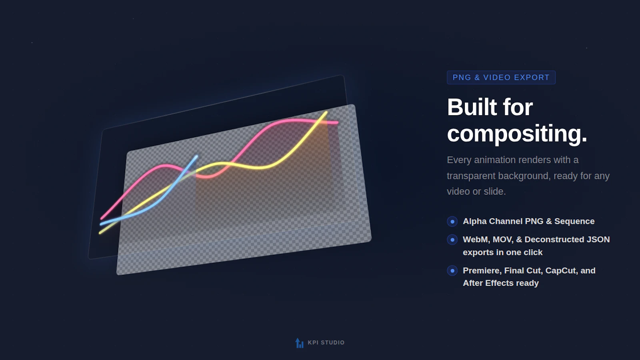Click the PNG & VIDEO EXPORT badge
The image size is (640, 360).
pyautogui.click(x=501, y=78)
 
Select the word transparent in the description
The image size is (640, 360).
pyautogui.click(x=471, y=176)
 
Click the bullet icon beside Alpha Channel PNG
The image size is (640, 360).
pyautogui.click(x=452, y=222)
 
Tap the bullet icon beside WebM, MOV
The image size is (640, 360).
pyautogui.click(x=452, y=240)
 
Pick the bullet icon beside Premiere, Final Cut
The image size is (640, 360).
pyautogui.click(x=452, y=271)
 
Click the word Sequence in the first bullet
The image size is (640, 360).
pyautogui.click(x=574, y=221)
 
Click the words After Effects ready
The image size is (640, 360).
pyautogui.click(x=500, y=283)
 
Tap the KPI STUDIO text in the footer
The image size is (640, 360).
pyautogui.click(x=326, y=342)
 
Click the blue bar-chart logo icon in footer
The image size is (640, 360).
pyautogui.click(x=299, y=343)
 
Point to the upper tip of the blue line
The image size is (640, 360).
pyautogui.click(x=196, y=156)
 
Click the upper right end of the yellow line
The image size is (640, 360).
pyautogui.click(x=326, y=112)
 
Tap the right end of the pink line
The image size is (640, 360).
pyautogui.click(x=337, y=122)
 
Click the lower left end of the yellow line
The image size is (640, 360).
pyautogui.click(x=100, y=232)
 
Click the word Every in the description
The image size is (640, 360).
pyautogui.click(x=459, y=160)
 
